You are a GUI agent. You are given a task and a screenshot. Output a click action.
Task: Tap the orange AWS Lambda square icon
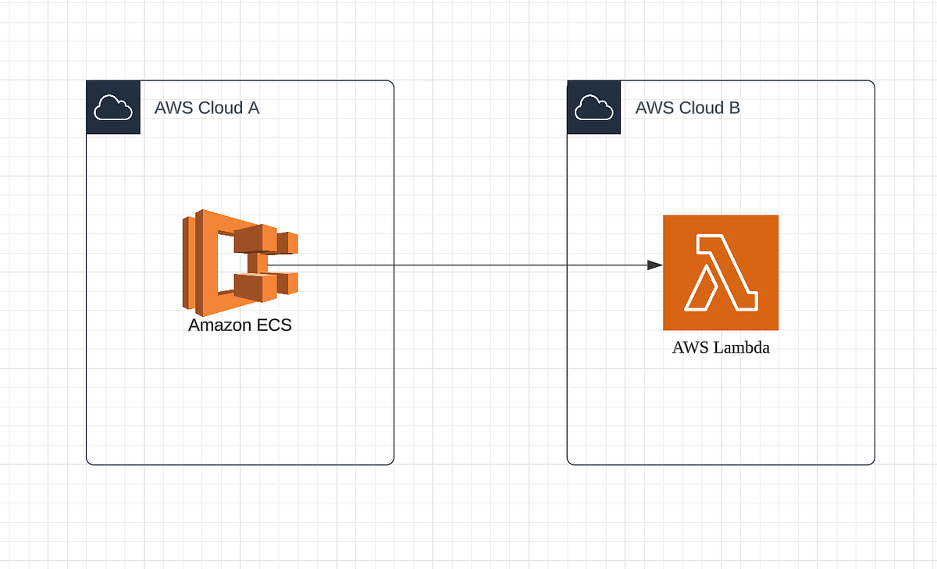(x=720, y=272)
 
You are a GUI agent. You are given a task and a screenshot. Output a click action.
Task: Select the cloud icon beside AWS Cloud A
(x=113, y=108)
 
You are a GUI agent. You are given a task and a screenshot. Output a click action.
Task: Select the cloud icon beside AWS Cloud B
(x=594, y=108)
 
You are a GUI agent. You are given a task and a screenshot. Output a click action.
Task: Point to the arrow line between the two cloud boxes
(x=480, y=265)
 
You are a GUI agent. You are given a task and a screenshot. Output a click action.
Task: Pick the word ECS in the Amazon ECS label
(x=274, y=325)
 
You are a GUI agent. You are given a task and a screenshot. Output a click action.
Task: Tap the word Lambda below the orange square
(x=742, y=347)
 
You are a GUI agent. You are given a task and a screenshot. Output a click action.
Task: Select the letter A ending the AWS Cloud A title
(x=254, y=108)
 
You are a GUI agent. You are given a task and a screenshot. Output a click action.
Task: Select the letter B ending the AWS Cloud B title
(x=735, y=108)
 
